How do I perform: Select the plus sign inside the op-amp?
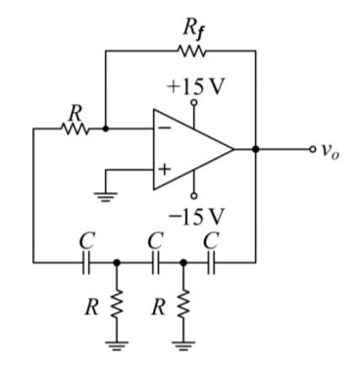[x=164, y=171]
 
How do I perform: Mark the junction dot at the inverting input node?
[x=105, y=128]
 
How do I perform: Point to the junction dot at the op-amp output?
[x=255, y=150]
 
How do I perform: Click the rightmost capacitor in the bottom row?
[x=212, y=263]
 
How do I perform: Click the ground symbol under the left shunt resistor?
[x=117, y=343]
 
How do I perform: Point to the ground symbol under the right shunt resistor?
[x=183, y=343]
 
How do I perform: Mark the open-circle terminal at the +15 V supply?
[x=193, y=101]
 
